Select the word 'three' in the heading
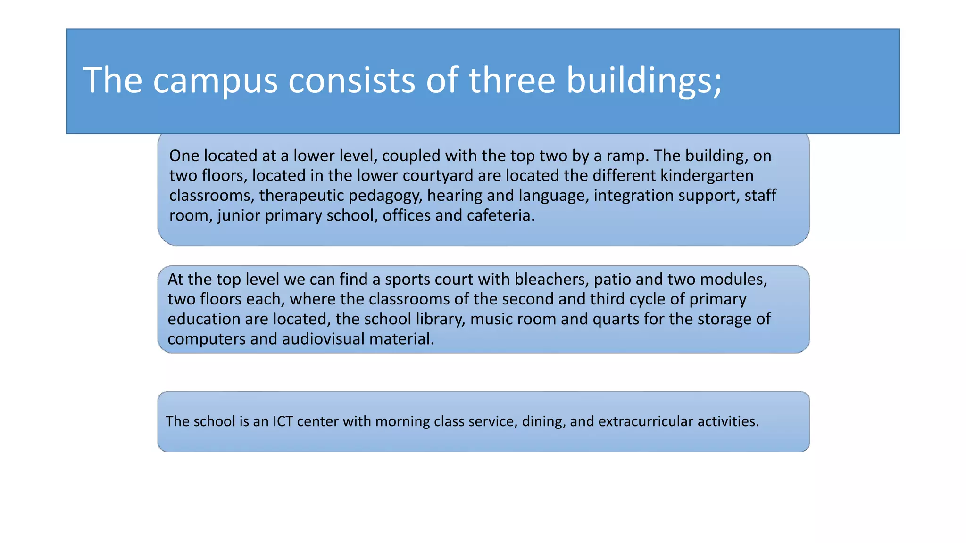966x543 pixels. tap(512, 80)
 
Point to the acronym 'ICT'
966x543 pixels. tap(283, 421)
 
